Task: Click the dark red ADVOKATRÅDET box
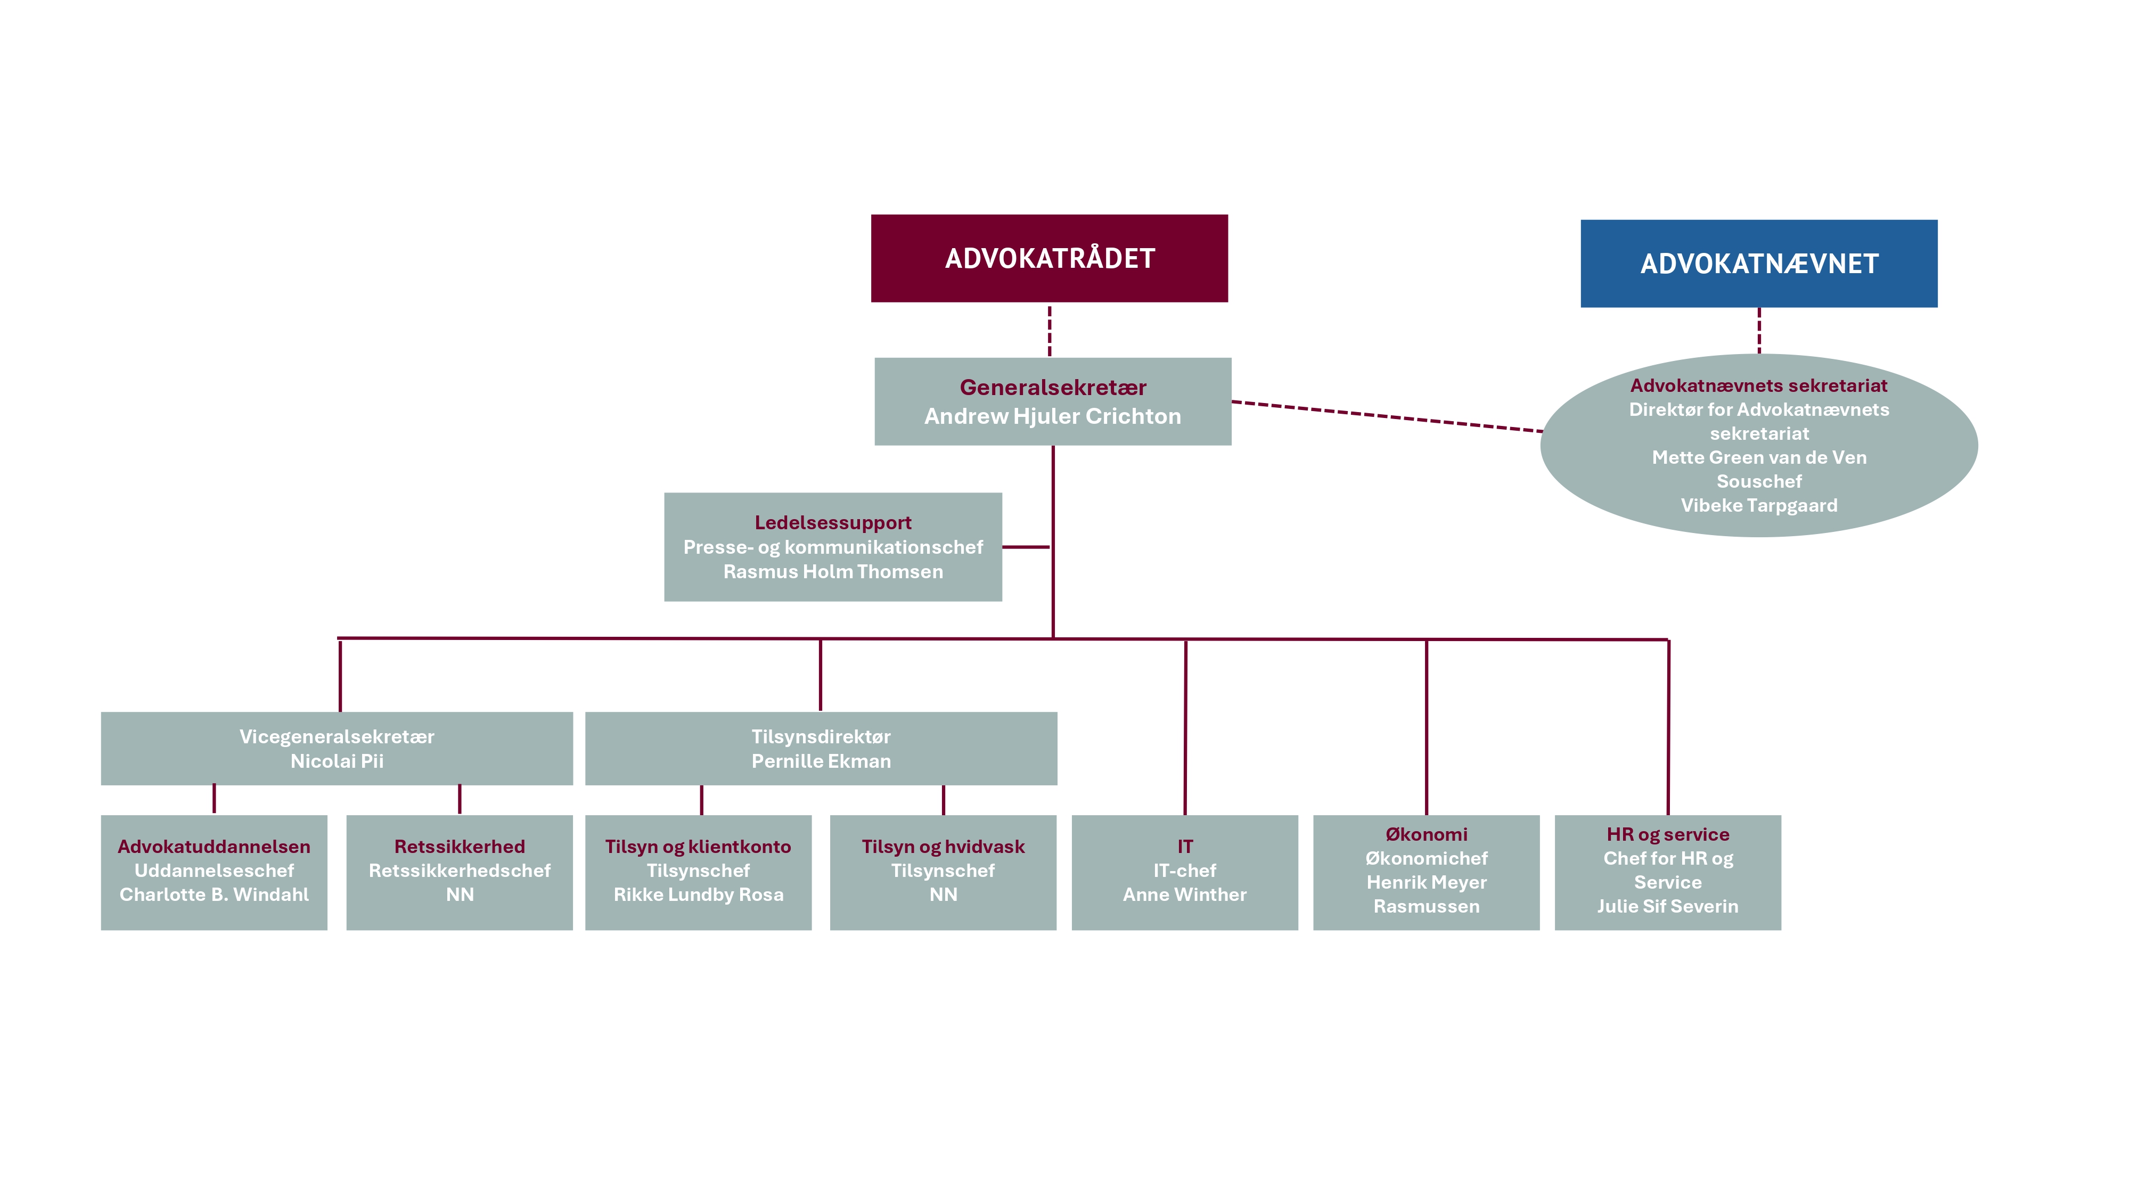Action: pyautogui.click(x=1049, y=258)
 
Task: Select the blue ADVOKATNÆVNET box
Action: pyautogui.click(x=1759, y=264)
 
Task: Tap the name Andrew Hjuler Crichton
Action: pyautogui.click(x=1053, y=416)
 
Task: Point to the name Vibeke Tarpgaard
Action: pyautogui.click(x=1759, y=505)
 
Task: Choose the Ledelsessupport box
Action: pyautogui.click(x=833, y=546)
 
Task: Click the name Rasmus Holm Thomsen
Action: pyautogui.click(x=833, y=571)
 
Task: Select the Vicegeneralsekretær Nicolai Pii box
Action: pyautogui.click(x=337, y=748)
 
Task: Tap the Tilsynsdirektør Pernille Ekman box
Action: pyautogui.click(x=821, y=748)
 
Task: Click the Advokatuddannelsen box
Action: pyautogui.click(x=214, y=872)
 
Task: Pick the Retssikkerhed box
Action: pyautogui.click(x=460, y=872)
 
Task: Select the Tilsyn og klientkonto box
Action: pyautogui.click(x=699, y=872)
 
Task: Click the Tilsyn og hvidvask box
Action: pyautogui.click(x=944, y=872)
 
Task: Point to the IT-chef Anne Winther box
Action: pyautogui.click(x=1185, y=872)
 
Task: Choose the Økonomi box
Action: pyautogui.click(x=1427, y=872)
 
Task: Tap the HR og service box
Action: pyautogui.click(x=1668, y=872)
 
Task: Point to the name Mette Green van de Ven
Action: pyautogui.click(x=1759, y=457)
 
